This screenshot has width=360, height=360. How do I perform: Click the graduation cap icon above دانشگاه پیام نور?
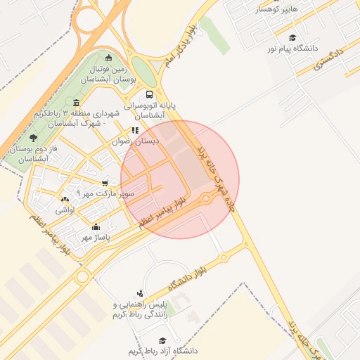tap(292, 38)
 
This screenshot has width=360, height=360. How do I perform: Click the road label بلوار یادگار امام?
tap(179, 49)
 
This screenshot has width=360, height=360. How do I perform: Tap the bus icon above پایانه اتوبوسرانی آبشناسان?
tap(149, 94)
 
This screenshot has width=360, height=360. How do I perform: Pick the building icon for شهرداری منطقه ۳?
tap(76, 103)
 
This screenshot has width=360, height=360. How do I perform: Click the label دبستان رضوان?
tap(136, 141)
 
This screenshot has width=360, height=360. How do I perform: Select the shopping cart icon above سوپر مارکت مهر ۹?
tap(105, 183)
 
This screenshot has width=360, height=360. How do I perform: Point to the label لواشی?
tap(65, 210)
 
